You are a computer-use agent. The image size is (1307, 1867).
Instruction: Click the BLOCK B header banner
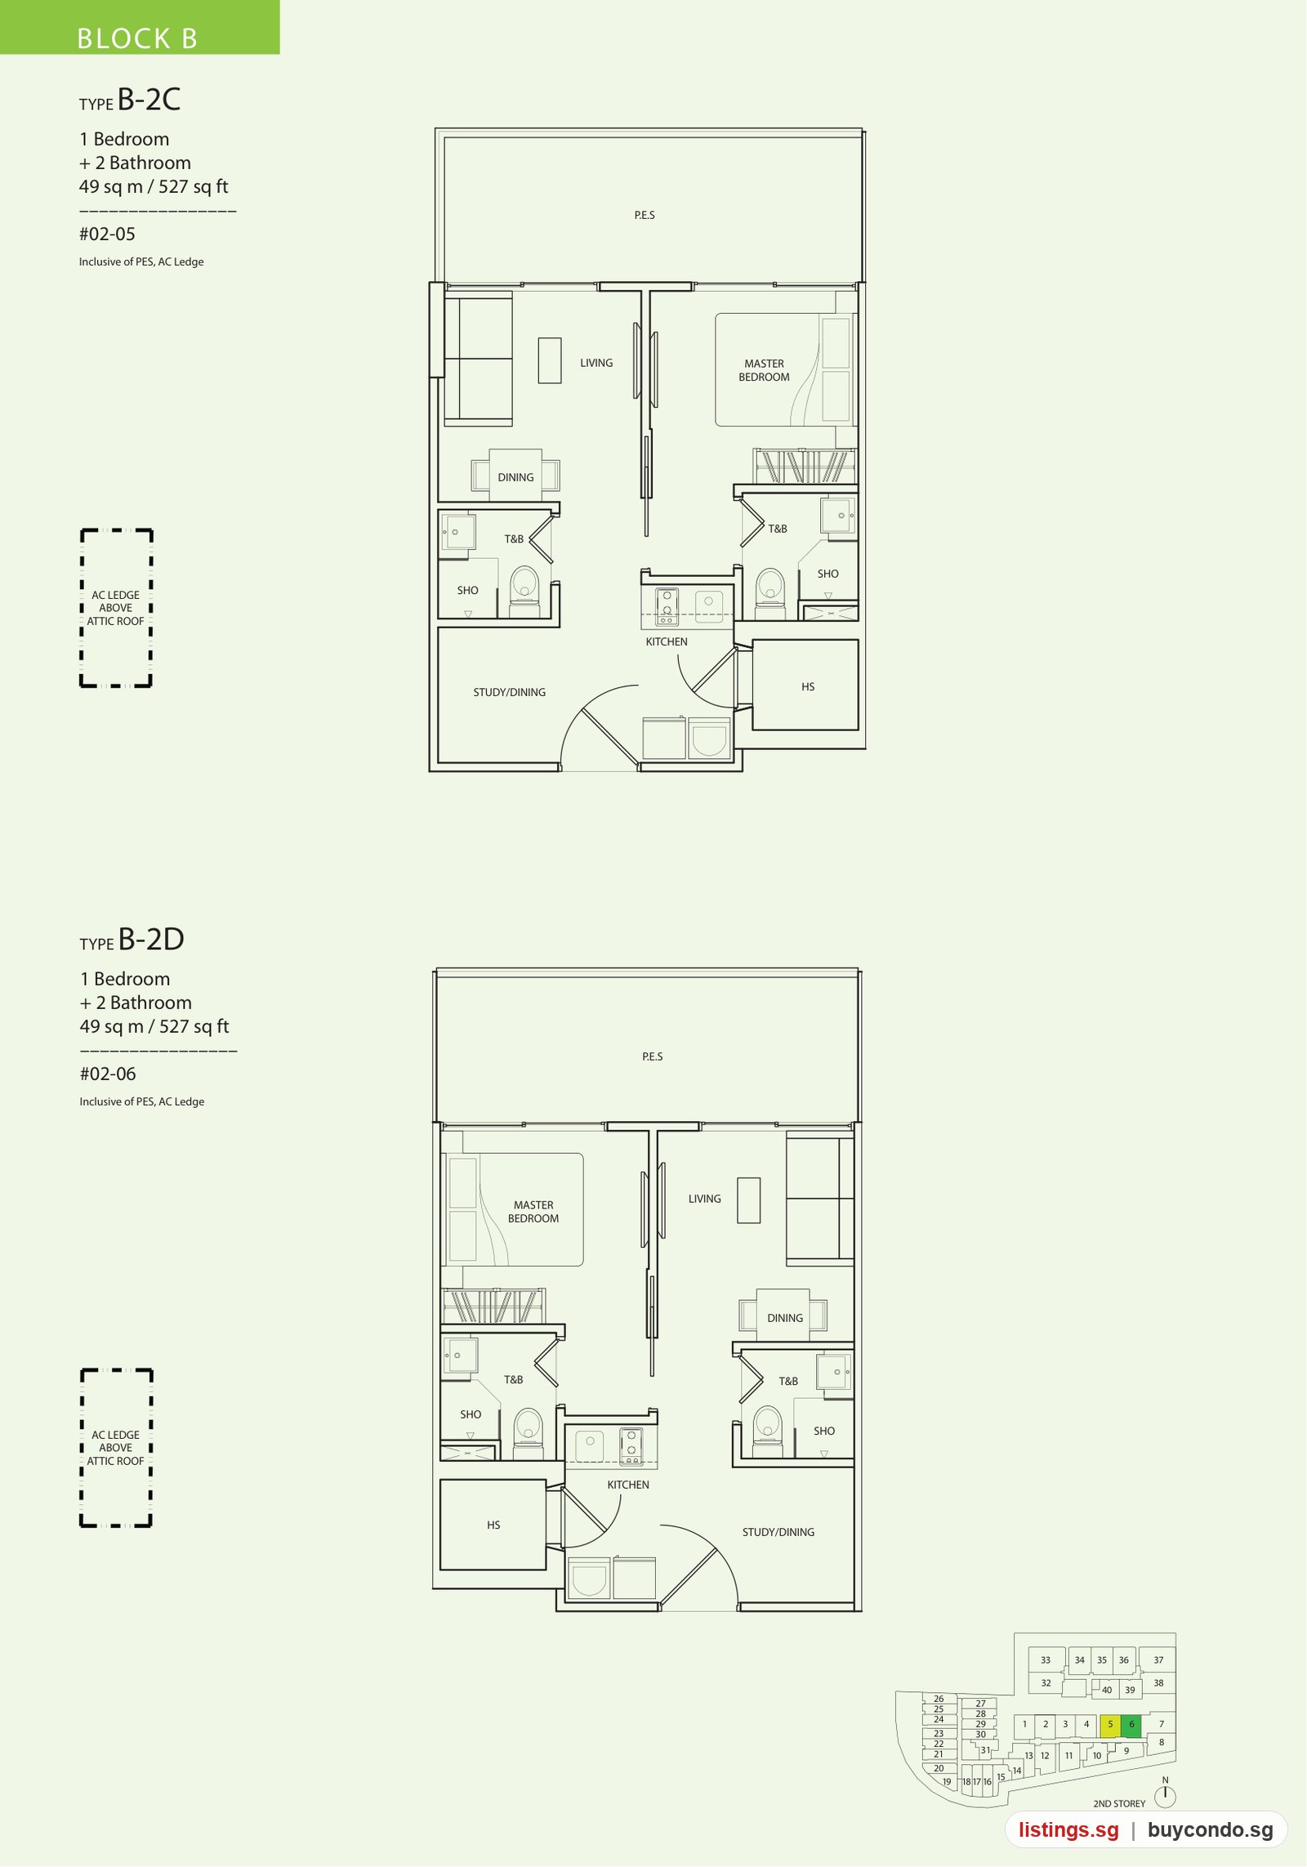pyautogui.click(x=140, y=27)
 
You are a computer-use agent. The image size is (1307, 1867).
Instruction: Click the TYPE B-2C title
pyautogui.click(x=130, y=100)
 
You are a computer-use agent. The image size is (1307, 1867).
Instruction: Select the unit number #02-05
pyautogui.click(x=107, y=234)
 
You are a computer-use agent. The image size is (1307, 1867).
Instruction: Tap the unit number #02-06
pyautogui.click(x=108, y=1074)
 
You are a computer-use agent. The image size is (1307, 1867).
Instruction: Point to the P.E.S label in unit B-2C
pyautogui.click(x=645, y=216)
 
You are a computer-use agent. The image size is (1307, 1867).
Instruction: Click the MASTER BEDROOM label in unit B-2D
pyautogui.click(x=533, y=1212)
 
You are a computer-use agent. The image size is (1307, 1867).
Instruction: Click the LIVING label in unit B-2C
pyautogui.click(x=596, y=364)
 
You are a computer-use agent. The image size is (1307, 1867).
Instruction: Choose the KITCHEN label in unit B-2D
pyautogui.click(x=628, y=1485)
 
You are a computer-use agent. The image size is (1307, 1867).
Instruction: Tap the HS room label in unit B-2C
pyautogui.click(x=808, y=687)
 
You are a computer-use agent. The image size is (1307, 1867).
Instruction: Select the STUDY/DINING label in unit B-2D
pyautogui.click(x=778, y=1532)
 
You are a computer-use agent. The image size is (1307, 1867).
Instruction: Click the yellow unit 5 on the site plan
pyautogui.click(x=1110, y=1724)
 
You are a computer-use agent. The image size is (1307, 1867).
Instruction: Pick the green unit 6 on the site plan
pyautogui.click(x=1131, y=1724)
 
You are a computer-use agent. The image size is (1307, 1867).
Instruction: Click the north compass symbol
pyautogui.click(x=1165, y=1796)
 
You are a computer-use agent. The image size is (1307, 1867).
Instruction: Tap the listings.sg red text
pyautogui.click(x=1068, y=1830)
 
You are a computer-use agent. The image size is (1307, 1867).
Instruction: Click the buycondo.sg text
pyautogui.click(x=1210, y=1830)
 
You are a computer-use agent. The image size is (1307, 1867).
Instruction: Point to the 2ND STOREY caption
pyautogui.click(x=1119, y=1804)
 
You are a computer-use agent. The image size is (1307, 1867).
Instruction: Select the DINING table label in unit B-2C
pyautogui.click(x=515, y=478)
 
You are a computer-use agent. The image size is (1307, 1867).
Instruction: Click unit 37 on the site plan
pyautogui.click(x=1158, y=1660)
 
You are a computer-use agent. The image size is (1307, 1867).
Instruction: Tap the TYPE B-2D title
pyautogui.click(x=132, y=940)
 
